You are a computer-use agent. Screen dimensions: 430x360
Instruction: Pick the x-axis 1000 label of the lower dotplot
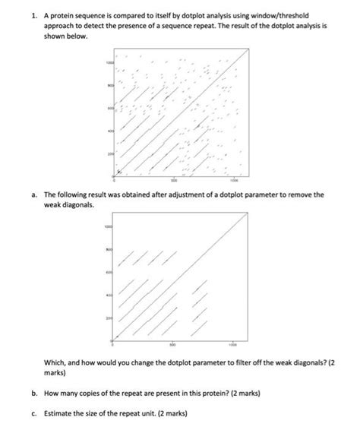234,343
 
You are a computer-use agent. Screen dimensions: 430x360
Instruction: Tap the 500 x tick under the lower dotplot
174,343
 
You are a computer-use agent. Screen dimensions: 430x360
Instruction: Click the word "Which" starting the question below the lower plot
55,362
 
